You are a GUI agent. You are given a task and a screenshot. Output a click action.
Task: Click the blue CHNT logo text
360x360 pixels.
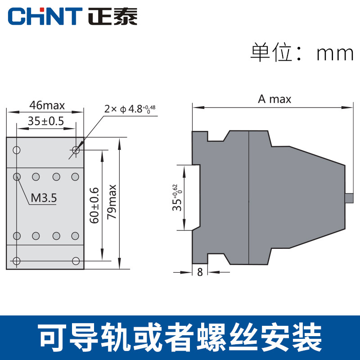pyautogui.click(x=45, y=16)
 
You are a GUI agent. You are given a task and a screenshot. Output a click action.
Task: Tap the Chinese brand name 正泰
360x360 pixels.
pyautogui.click(x=113, y=16)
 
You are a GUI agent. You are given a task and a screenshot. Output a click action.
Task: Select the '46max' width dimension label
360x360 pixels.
pyautogui.click(x=47, y=105)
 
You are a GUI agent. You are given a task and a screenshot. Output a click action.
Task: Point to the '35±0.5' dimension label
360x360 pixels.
pyautogui.click(x=46, y=121)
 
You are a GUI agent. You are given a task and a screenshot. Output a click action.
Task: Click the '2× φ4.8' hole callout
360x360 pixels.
pyautogui.click(x=130, y=109)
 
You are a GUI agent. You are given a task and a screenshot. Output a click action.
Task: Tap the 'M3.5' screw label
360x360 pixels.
pyautogui.click(x=44, y=198)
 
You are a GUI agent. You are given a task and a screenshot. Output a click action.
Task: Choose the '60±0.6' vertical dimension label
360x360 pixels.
pyautogui.click(x=94, y=205)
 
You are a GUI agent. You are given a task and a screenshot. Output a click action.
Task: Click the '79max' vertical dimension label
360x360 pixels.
pyautogui.click(x=112, y=202)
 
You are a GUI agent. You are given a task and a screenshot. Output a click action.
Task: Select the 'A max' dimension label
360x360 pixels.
pyautogui.click(x=274, y=99)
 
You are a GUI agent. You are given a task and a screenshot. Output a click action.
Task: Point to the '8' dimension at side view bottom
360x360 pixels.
pyautogui.click(x=200, y=272)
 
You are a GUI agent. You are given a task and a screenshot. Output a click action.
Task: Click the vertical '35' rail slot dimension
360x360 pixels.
pyautogui.click(x=177, y=198)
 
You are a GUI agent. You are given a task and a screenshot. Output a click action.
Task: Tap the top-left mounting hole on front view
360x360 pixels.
pyautogui.click(x=17, y=150)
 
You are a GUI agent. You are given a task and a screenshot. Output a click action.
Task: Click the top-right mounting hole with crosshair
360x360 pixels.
pyautogui.click(x=76, y=150)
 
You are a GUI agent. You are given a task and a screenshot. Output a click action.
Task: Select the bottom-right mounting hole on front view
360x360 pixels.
pyautogui.click(x=76, y=261)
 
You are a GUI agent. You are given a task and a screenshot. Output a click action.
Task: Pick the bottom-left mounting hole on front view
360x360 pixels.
pyautogui.click(x=17, y=261)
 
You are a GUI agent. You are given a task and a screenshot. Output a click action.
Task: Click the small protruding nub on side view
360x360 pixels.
pyautogui.click(x=349, y=198)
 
